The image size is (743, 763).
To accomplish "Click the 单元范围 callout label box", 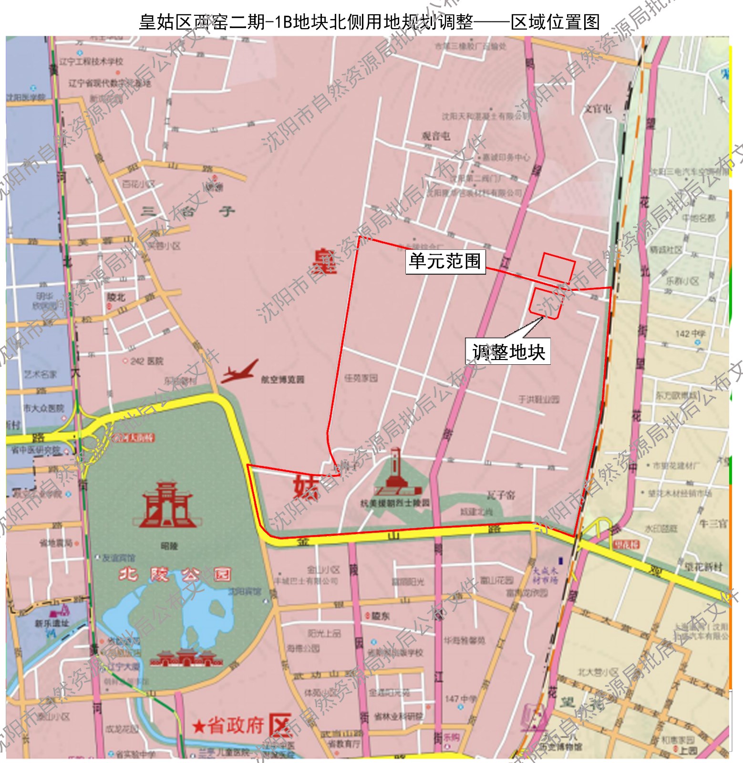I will [445, 261].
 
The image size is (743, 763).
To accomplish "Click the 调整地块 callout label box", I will [508, 352].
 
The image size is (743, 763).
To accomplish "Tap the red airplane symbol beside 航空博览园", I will [240, 371].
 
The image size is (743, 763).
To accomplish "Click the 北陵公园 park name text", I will [175, 575].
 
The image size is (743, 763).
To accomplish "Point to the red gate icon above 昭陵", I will [167, 505].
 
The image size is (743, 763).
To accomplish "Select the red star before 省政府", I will [198, 726].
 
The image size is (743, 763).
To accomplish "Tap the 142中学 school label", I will [690, 333].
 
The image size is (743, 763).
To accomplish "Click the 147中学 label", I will [460, 699].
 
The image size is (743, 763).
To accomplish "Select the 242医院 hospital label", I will [146, 361].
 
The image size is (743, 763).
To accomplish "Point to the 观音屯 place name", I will [436, 135].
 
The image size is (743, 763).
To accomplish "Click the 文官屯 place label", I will [598, 109].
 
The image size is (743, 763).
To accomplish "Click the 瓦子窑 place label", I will [501, 495].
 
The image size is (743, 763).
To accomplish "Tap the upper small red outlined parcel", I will [557, 268].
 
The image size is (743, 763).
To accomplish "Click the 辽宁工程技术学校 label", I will [91, 62].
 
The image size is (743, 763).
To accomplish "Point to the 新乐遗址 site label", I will [52, 623].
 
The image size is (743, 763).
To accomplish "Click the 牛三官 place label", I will [712, 523].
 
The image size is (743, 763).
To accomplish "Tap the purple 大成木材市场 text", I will [545, 575].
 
